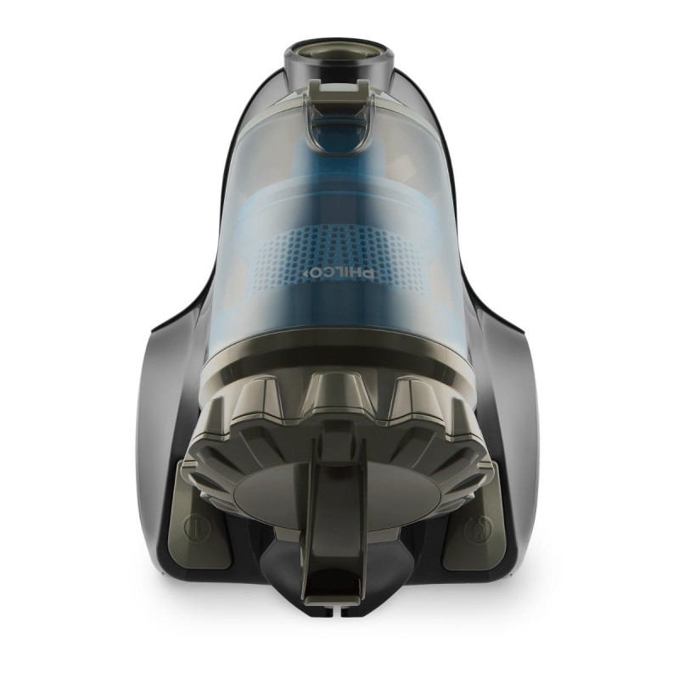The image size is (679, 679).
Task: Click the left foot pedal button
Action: pos(204,519)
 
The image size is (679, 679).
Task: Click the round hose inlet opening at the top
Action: pos(339,52)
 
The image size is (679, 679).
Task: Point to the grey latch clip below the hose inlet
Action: pos(339,90)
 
